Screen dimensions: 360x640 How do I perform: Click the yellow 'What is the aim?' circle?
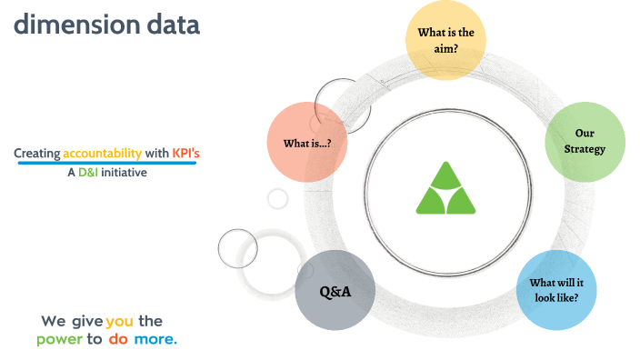click(x=445, y=39)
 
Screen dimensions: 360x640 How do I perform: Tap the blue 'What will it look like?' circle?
click(x=555, y=289)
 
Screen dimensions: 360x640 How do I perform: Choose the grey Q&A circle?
click(x=335, y=291)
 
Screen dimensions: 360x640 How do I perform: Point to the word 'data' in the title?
click(x=170, y=25)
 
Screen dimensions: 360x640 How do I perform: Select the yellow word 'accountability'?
click(x=103, y=154)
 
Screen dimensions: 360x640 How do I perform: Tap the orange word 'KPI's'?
click(x=185, y=154)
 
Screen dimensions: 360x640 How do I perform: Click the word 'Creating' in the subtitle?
click(x=37, y=154)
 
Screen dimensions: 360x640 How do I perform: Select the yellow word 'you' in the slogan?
click(x=120, y=322)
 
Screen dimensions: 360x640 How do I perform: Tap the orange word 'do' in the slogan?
click(x=118, y=339)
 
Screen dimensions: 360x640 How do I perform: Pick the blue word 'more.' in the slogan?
click(x=155, y=339)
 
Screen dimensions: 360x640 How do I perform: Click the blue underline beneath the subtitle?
click(x=106, y=163)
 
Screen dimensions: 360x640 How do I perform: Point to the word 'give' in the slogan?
click(x=85, y=322)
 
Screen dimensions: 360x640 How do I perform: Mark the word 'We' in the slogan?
click(x=53, y=322)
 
